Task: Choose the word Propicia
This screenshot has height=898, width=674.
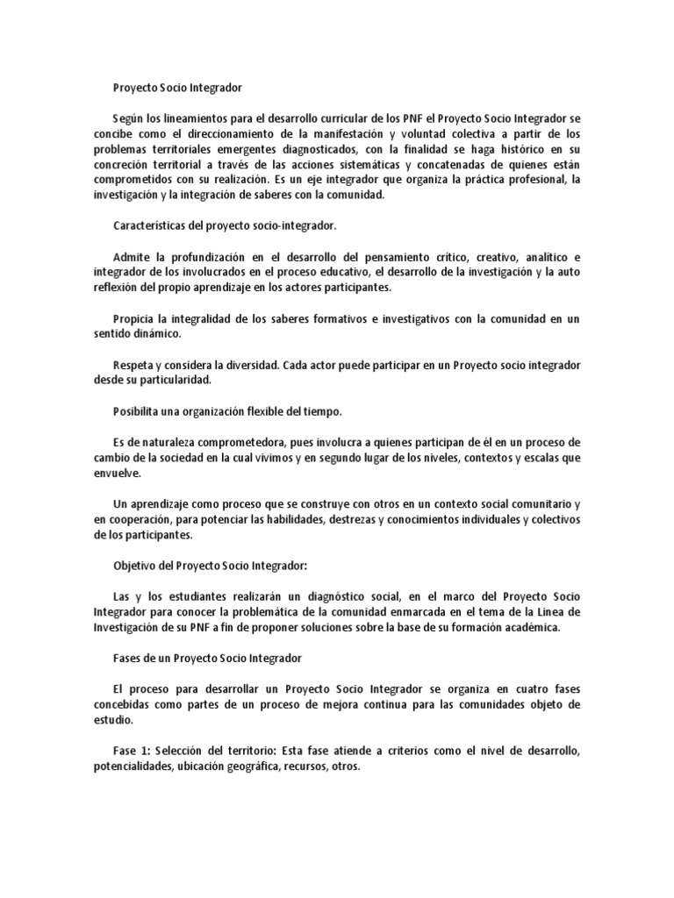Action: (136, 317)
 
